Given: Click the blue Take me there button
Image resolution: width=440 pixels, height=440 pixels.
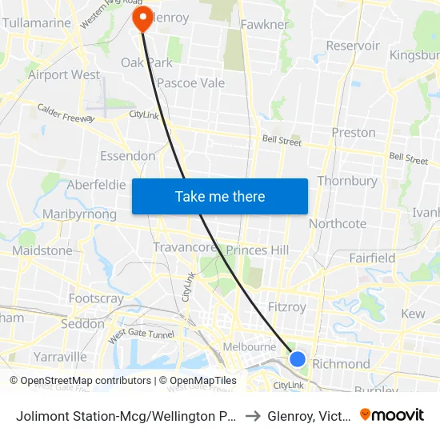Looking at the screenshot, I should point(219,196).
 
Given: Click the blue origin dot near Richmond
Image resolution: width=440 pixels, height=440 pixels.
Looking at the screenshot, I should point(297,359).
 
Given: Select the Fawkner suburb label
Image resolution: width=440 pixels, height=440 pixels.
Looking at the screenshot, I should point(264,25).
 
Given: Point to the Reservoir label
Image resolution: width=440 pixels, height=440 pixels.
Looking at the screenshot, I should point(353,46).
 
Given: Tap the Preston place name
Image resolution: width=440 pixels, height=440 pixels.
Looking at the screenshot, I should point(353,132).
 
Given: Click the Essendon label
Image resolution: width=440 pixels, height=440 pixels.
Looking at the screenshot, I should point(127,155).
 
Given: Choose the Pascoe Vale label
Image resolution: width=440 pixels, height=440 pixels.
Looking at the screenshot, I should point(190,82).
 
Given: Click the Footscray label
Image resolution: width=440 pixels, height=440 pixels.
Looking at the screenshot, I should point(96,298).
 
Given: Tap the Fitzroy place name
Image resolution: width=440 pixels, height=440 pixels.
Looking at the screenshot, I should point(286,307).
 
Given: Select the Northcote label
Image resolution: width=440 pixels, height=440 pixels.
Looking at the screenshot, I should point(338,224).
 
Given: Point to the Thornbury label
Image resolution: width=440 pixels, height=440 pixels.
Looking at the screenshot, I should point(347,181).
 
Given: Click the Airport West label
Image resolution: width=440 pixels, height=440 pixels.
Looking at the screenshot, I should point(64,74).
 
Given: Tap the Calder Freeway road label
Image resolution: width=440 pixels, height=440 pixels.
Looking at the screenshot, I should point(66,114).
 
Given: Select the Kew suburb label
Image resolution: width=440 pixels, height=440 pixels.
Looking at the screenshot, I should point(413,314).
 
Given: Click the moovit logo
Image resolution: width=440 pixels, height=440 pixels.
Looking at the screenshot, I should point(392,414).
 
